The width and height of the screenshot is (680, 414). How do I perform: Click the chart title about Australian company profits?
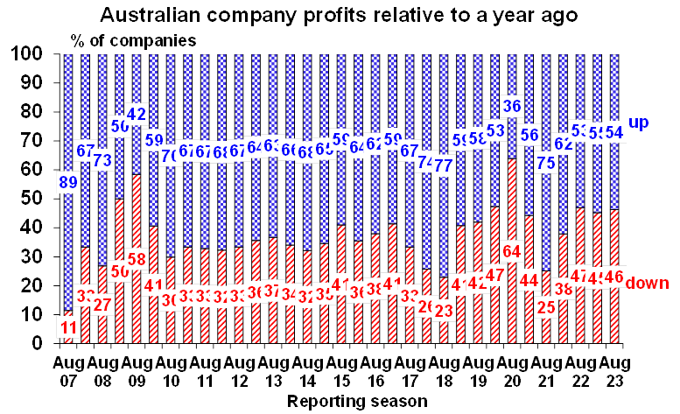(339, 15)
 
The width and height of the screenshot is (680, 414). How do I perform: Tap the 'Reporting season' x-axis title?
(356, 401)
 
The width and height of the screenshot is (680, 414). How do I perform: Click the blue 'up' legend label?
(639, 123)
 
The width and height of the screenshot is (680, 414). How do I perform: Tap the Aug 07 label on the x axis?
(69, 371)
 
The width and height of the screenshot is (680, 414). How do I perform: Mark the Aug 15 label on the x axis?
(342, 371)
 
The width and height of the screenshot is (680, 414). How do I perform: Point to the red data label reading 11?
(68, 327)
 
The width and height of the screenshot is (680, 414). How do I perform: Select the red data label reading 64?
(513, 251)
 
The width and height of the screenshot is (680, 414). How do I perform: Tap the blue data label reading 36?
(514, 107)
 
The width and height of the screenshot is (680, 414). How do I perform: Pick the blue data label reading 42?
(136, 115)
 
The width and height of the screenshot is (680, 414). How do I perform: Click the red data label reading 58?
(136, 260)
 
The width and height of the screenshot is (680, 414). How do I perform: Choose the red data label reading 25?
(546, 307)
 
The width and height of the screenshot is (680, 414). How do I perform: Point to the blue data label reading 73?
(102, 159)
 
